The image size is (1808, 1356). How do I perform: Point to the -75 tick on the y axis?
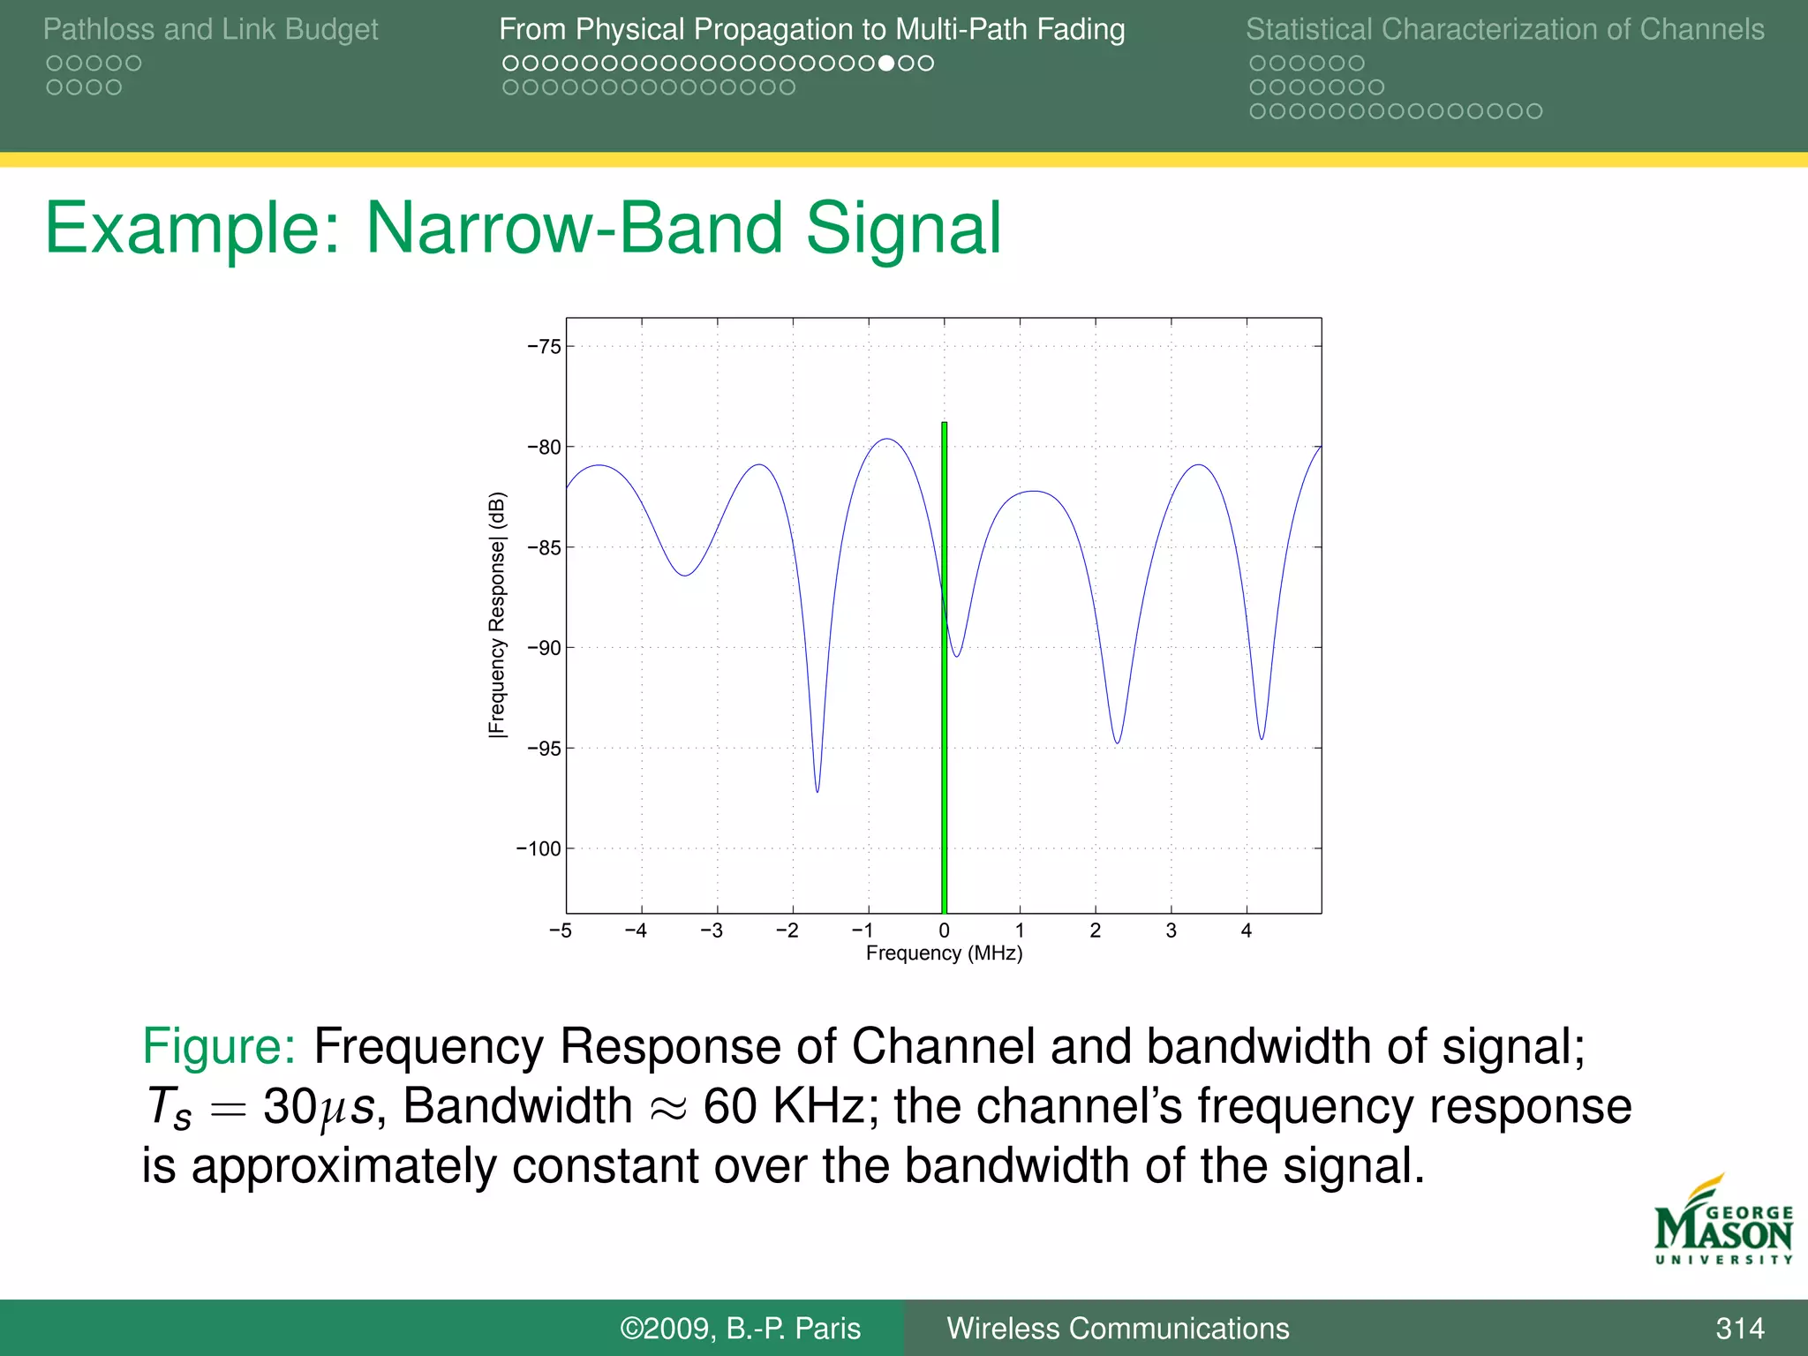point(545,347)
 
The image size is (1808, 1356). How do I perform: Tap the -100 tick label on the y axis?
point(539,849)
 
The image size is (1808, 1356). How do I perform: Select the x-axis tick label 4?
point(1247,930)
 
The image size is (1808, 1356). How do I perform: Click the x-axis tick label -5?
point(560,930)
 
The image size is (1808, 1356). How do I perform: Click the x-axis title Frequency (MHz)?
point(944,953)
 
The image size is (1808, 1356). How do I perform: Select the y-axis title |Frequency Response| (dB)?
point(498,614)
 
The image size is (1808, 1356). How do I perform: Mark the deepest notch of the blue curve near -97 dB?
point(817,790)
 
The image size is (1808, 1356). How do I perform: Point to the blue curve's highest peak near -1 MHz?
point(887,440)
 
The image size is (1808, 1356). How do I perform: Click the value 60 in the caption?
point(730,1106)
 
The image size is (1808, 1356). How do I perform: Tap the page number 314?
point(1739,1329)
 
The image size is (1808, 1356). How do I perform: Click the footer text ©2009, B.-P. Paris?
point(740,1329)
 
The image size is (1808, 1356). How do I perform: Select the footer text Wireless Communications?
point(1118,1329)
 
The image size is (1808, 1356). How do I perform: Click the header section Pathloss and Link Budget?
point(210,30)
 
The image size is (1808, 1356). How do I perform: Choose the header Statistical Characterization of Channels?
point(1504,30)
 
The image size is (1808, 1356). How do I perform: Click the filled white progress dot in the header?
point(887,64)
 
